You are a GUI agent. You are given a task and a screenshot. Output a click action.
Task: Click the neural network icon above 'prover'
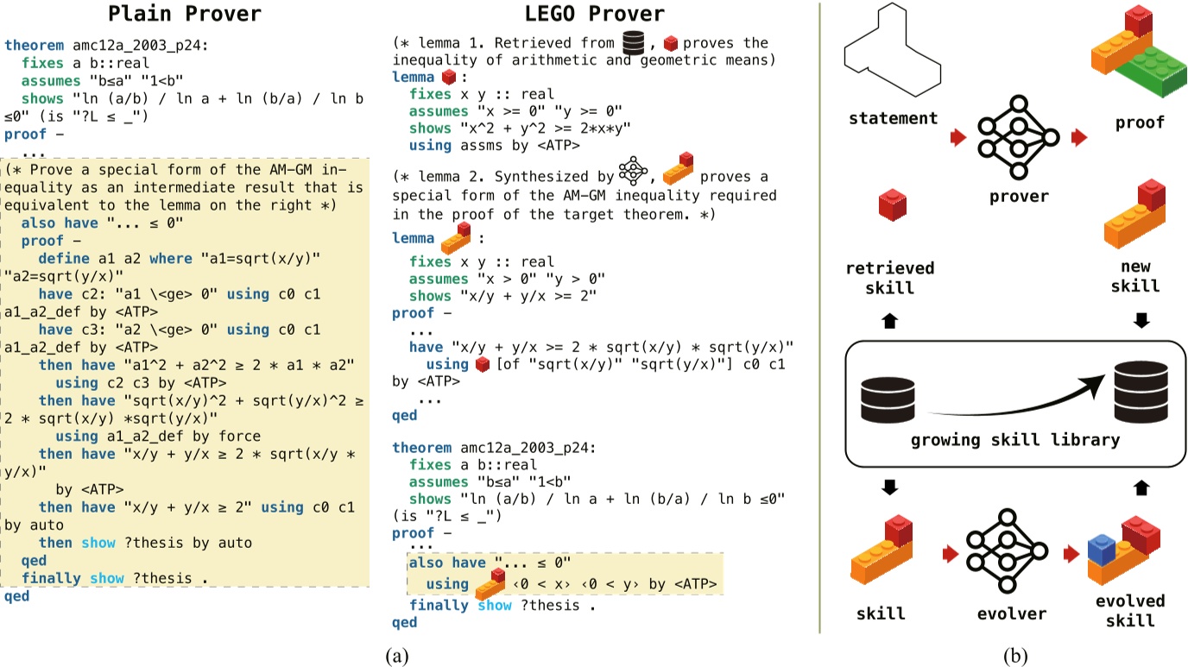[1018, 136]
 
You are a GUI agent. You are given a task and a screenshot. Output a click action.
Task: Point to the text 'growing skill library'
[1014, 440]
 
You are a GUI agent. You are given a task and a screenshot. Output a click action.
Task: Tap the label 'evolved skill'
[1131, 610]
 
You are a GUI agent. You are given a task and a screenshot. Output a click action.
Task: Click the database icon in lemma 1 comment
[637, 42]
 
